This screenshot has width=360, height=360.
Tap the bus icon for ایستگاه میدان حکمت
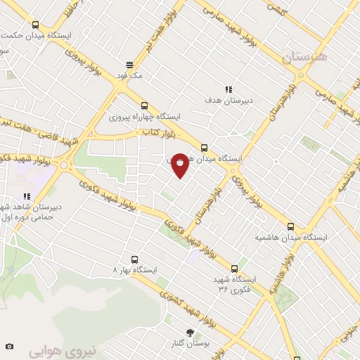click(x=36, y=25)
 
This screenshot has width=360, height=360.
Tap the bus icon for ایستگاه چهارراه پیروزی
click(x=144, y=103)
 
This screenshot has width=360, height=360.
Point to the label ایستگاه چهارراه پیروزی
click(x=144, y=116)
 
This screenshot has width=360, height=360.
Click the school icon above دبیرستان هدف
click(x=229, y=89)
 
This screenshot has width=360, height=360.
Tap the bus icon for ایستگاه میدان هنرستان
click(x=205, y=148)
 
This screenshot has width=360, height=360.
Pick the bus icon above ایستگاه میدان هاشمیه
click(x=290, y=226)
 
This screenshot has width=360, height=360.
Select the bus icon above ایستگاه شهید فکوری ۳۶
click(x=234, y=268)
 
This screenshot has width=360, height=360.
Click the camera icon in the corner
click(x=8, y=346)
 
